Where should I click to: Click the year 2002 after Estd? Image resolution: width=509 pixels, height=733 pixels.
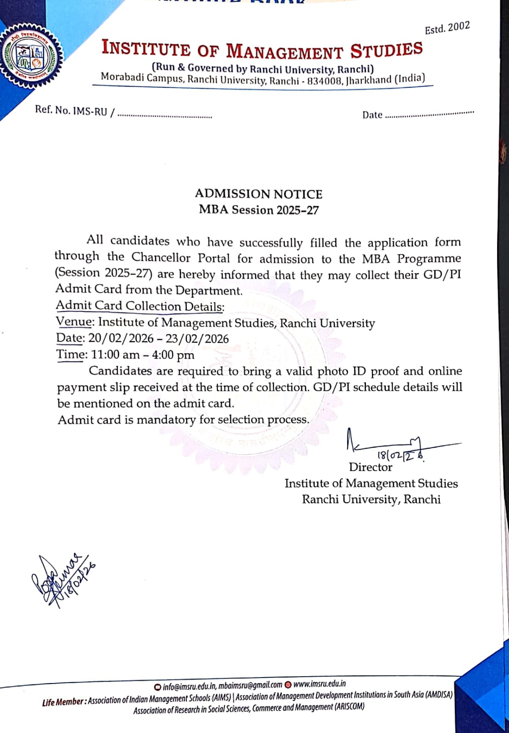(459, 27)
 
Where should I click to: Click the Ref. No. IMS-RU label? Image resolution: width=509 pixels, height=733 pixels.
(71, 110)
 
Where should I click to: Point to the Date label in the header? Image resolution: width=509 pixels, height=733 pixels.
(372, 115)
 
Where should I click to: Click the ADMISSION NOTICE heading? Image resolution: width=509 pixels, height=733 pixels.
(259, 194)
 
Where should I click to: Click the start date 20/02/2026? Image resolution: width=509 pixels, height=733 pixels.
(121, 338)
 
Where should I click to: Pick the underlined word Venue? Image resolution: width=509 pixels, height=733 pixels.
(74, 322)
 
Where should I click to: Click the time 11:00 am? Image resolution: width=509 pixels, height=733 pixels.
(115, 355)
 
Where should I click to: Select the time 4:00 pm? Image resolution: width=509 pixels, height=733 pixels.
(173, 355)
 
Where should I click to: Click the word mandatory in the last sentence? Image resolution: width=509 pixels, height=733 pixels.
(166, 420)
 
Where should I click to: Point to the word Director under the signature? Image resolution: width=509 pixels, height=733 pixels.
(371, 467)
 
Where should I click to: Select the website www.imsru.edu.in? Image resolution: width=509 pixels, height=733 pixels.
(319, 684)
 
